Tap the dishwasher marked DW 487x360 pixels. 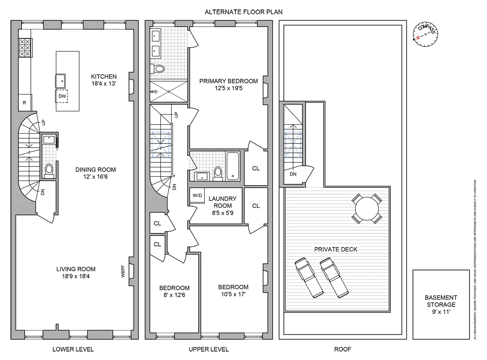coord(61,96)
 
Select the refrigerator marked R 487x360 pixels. coord(25,103)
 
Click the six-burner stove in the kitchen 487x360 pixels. coord(25,48)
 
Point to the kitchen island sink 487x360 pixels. coord(60,81)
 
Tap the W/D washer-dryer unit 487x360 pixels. coord(197,195)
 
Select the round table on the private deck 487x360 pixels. coord(367,209)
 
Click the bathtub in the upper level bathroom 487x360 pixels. coord(232,166)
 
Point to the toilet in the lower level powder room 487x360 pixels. coord(49,170)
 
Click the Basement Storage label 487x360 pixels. coord(441,301)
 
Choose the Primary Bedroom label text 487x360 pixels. coord(229,81)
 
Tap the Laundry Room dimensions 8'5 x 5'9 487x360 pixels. coord(222,213)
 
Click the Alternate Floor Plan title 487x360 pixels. coord(243,12)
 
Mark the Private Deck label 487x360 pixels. coord(336,249)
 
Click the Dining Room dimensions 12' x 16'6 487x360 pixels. coord(95,177)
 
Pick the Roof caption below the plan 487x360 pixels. coord(343,349)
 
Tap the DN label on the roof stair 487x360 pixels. coord(293,174)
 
